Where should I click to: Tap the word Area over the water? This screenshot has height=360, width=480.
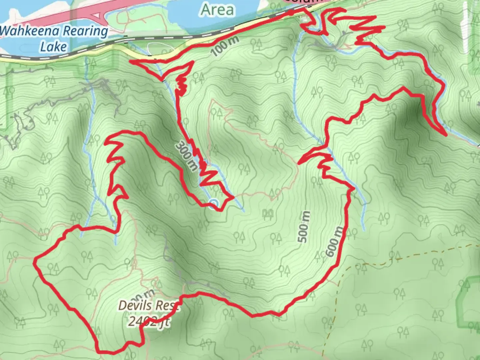click(x=217, y=10)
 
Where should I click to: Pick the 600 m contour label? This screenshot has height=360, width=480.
click(x=334, y=242)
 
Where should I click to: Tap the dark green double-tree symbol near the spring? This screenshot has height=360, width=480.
click(x=268, y=213)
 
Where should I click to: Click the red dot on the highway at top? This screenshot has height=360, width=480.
click(x=291, y=13)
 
